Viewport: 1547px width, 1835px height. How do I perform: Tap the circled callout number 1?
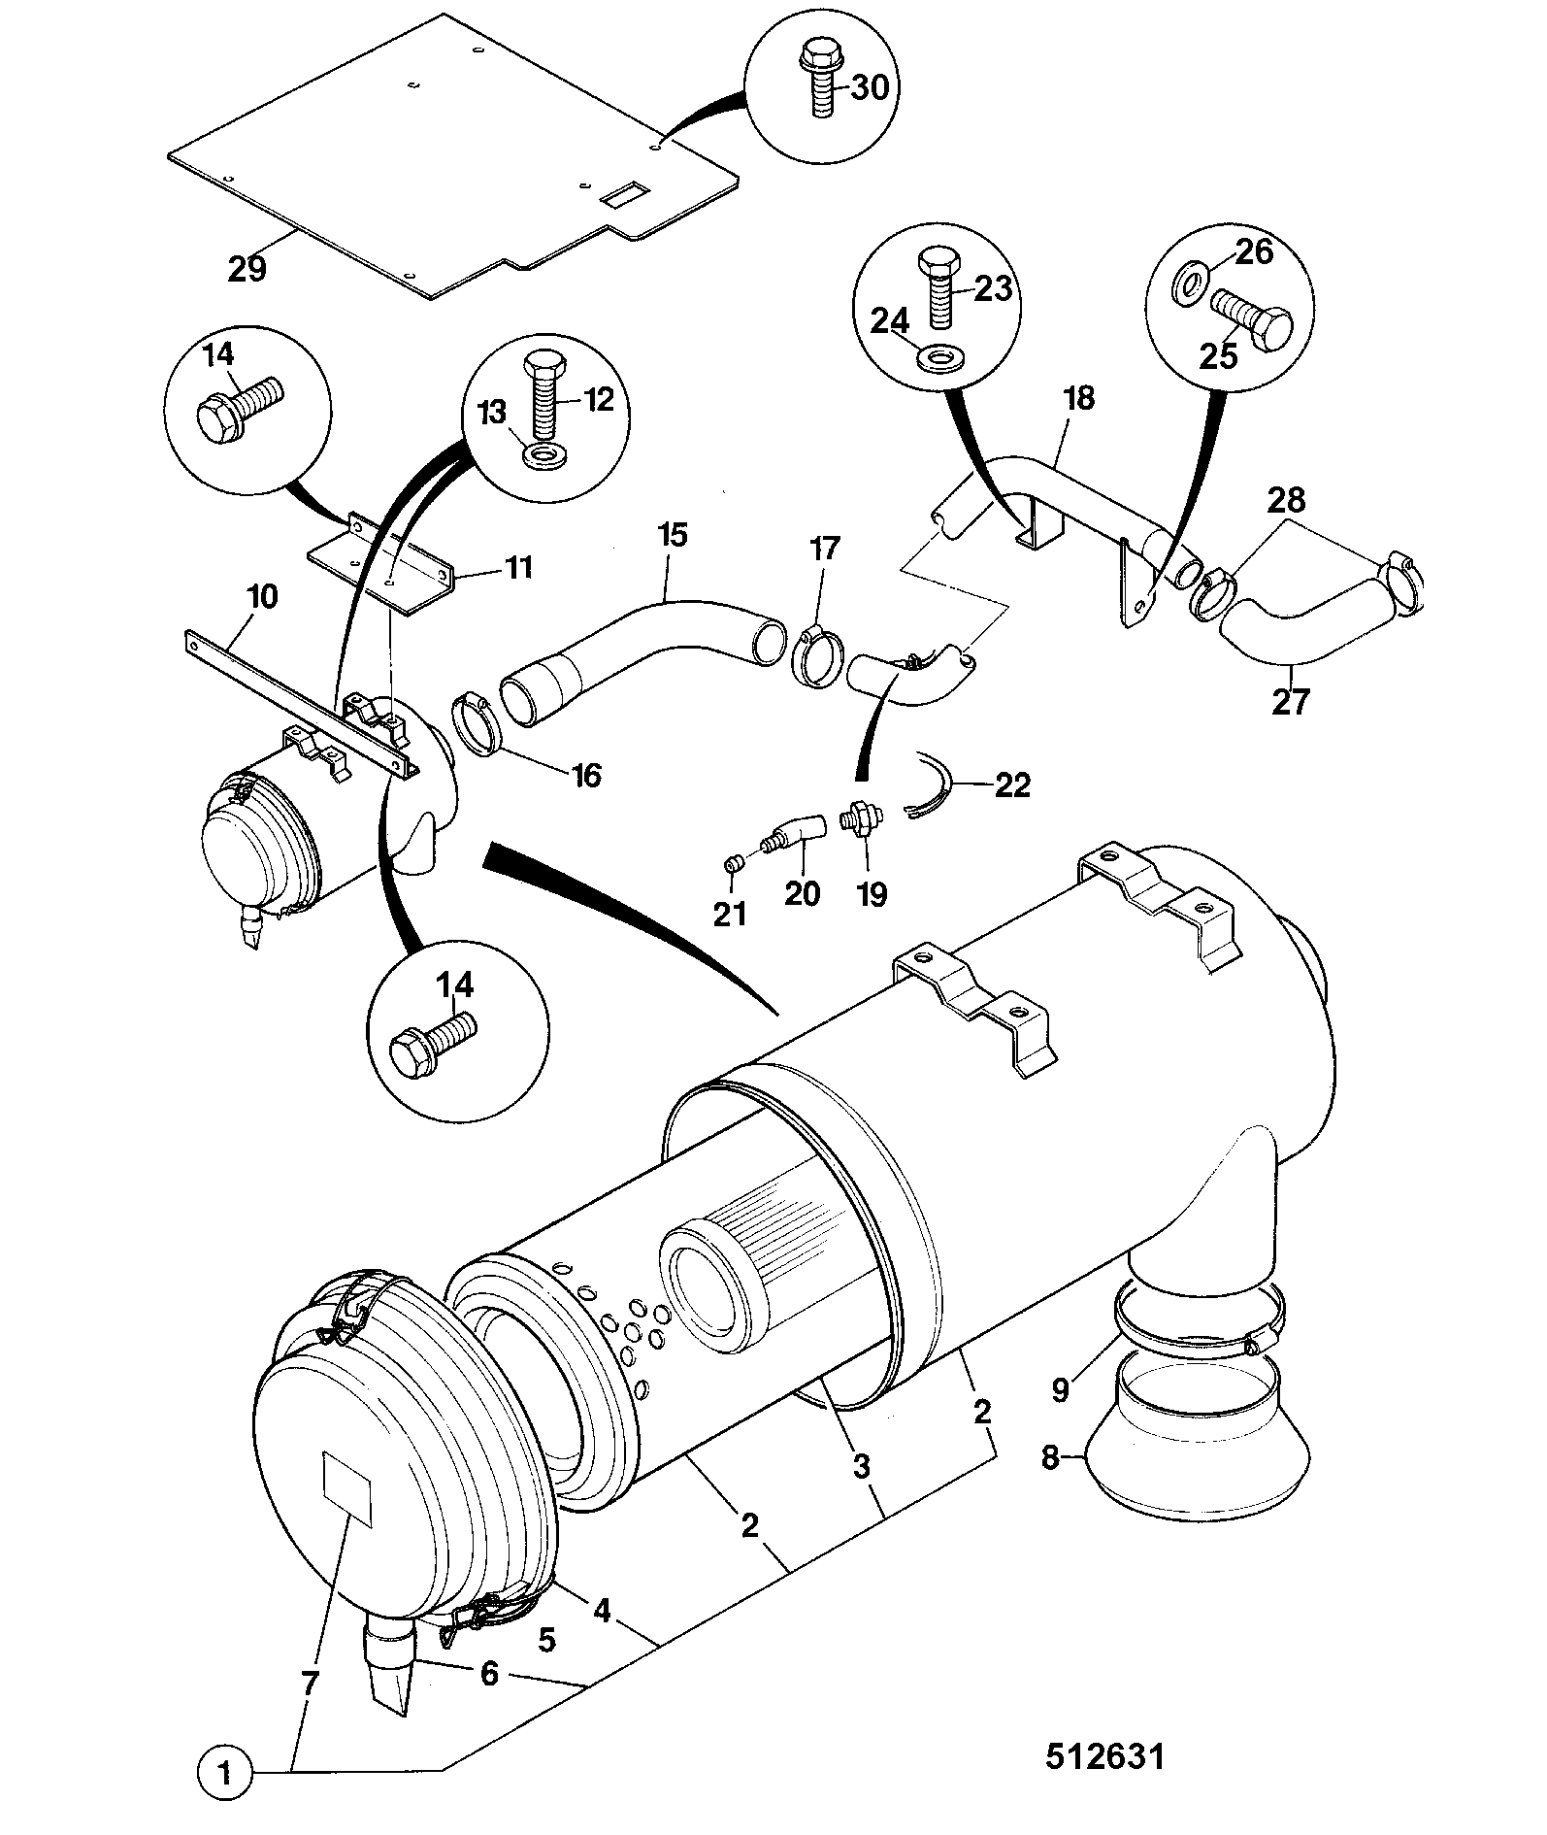tap(225, 1776)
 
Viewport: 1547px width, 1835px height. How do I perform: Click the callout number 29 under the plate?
tap(247, 267)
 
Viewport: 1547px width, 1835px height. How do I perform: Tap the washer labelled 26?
tap(1189, 284)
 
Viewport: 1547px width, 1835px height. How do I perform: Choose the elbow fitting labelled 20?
tap(794, 834)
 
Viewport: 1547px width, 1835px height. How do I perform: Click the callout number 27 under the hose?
tap(1291, 700)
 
